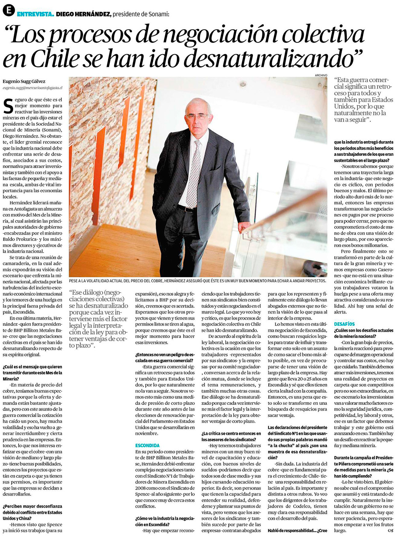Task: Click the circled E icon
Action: [x=9, y=10]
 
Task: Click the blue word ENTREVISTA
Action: [x=35, y=14]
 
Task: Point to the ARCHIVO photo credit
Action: [x=321, y=75]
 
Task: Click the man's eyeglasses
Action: [x=197, y=117]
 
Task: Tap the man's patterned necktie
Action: [x=194, y=174]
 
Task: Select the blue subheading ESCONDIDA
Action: [x=147, y=445]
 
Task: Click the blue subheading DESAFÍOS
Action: [x=344, y=324]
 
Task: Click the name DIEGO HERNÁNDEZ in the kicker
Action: [x=83, y=14]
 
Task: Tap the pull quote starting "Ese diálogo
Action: [x=98, y=319]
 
